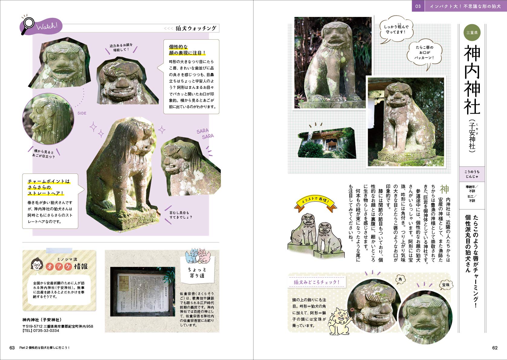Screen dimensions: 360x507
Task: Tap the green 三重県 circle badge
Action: coord(472,32)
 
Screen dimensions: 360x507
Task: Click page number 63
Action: coord(12,348)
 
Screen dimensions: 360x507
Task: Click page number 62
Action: coord(495,348)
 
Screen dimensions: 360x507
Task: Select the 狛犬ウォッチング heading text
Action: coord(196,28)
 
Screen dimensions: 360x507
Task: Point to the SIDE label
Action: coord(82,113)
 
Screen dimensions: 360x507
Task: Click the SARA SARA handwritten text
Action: coord(205,134)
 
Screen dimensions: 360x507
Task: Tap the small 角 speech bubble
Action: coord(400,280)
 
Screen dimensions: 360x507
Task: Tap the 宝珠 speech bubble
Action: coord(446,285)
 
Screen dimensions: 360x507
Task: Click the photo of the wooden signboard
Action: coord(142,292)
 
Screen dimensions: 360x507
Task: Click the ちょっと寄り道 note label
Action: coord(197,272)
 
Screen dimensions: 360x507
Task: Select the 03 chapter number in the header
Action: coord(418,6)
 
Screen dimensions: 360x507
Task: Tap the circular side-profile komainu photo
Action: coord(48,118)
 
